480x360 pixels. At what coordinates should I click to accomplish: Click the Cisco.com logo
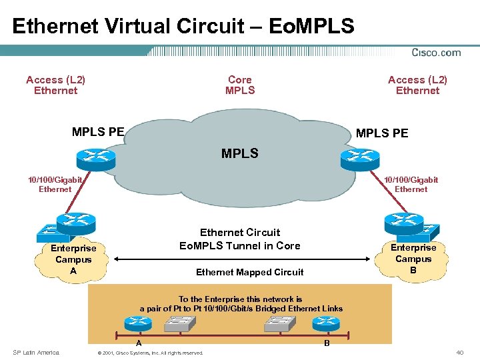(436, 53)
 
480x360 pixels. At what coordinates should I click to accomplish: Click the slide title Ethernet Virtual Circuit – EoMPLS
(183, 26)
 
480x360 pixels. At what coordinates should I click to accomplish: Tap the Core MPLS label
(240, 85)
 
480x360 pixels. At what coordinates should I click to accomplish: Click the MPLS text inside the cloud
(239, 154)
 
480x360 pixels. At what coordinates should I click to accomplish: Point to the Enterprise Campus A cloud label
(73, 259)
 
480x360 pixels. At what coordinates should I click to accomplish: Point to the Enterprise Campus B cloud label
(413, 259)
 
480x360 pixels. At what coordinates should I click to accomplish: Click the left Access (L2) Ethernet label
(55, 85)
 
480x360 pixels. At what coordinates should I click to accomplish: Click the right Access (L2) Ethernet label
(418, 85)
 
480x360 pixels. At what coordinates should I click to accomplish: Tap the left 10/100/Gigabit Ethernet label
(55, 184)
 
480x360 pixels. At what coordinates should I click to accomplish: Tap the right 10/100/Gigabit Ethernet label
(411, 184)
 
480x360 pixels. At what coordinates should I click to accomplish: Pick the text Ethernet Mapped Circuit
(249, 272)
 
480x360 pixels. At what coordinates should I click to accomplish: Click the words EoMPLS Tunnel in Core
(240, 245)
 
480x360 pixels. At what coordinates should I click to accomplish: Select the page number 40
(459, 352)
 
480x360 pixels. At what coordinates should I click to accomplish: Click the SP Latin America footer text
(36, 352)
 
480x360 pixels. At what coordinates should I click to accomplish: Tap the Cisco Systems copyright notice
(150, 353)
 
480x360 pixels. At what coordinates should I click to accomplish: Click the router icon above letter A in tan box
(139, 324)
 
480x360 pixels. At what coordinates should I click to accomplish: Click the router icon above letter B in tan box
(326, 324)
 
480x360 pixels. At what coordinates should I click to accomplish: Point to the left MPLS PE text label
(98, 131)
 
